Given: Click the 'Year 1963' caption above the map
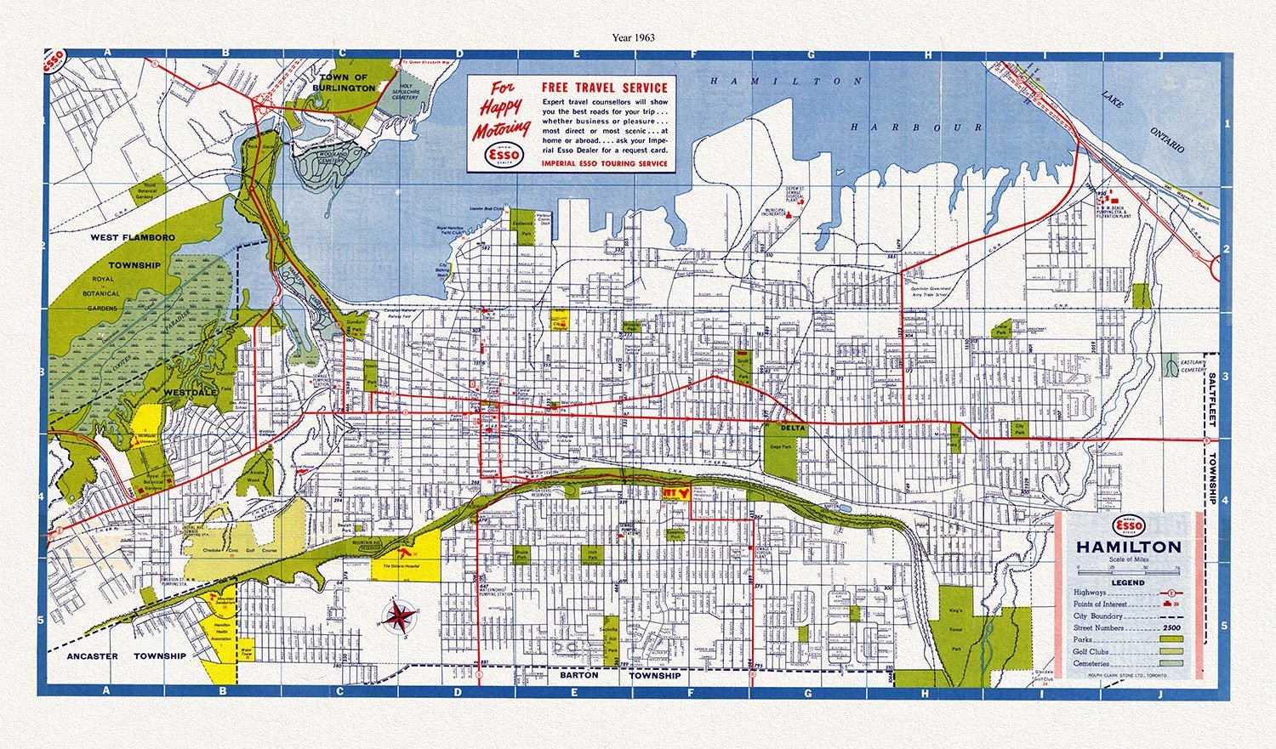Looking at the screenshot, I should click(633, 37).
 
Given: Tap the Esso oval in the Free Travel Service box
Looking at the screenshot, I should click(502, 155).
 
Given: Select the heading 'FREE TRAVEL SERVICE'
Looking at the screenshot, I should click(605, 88).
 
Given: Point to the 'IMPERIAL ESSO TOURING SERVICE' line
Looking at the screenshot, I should click(605, 163).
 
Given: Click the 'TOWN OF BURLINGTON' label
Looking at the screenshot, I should click(344, 82).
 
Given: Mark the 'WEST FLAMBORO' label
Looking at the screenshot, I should click(133, 238).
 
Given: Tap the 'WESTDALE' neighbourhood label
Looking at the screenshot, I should click(191, 392).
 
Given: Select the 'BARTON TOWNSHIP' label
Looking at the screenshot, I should click(619, 675).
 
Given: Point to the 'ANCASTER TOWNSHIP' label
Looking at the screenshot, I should click(126, 656).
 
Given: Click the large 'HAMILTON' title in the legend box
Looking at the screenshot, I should click(1129, 547).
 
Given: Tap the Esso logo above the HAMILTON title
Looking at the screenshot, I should click(1128, 525).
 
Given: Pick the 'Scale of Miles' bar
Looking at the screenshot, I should click(1128, 568).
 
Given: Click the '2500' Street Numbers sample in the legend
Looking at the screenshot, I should click(1174, 628).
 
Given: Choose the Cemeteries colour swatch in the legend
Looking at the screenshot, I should click(1174, 663).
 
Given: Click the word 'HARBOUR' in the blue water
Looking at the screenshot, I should click(916, 127).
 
